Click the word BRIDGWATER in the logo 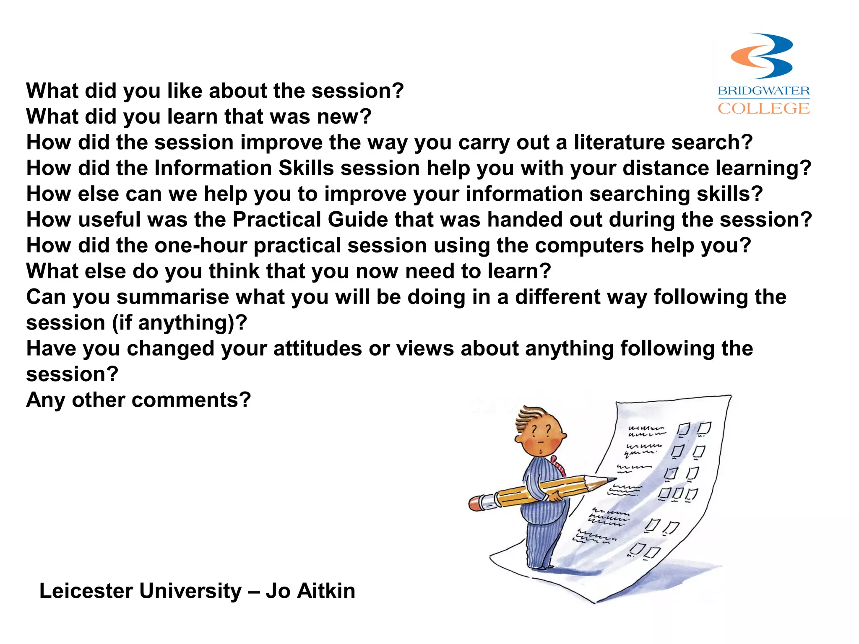point(763,91)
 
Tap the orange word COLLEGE point(763,109)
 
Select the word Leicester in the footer point(86,591)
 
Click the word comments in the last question point(191,400)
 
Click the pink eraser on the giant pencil point(476,503)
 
